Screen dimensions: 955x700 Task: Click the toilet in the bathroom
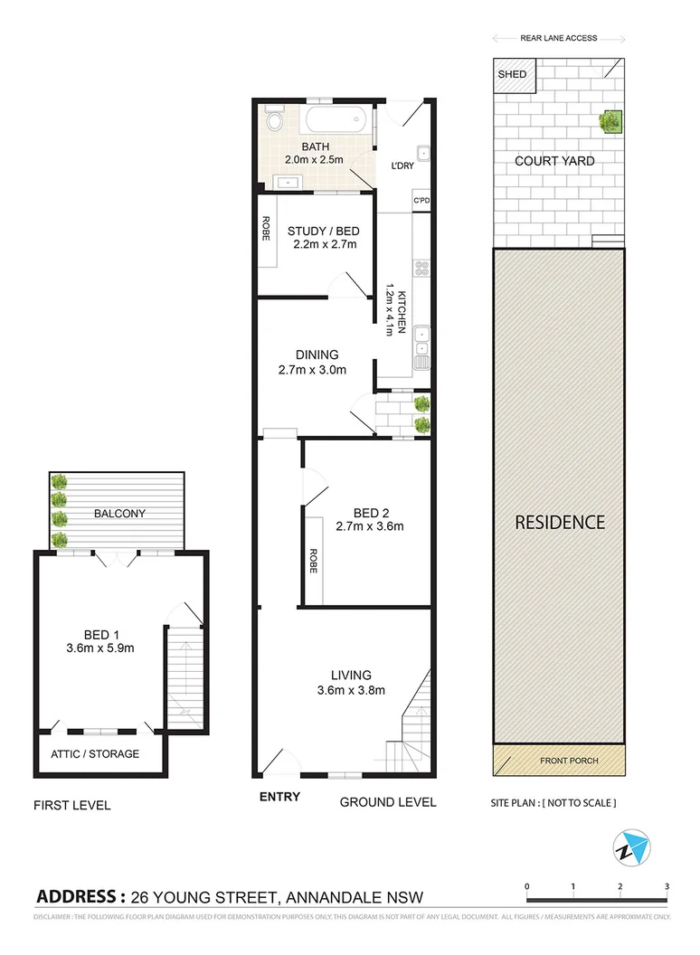click(x=274, y=121)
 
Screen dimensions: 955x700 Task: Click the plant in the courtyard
click(x=610, y=121)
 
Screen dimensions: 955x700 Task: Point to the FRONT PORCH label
click(x=570, y=761)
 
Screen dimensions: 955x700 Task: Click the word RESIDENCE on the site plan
click(x=559, y=522)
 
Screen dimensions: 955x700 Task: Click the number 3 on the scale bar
click(x=667, y=886)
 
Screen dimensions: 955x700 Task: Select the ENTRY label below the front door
click(x=279, y=797)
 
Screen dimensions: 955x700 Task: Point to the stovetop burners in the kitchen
click(x=421, y=269)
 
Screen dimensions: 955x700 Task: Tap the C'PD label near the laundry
click(x=421, y=201)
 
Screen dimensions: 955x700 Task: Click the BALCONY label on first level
click(x=119, y=513)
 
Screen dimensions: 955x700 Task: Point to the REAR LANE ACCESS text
click(x=558, y=39)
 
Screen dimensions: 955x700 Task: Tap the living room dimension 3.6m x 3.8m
click(x=351, y=691)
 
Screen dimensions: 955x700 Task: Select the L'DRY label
click(x=402, y=166)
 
